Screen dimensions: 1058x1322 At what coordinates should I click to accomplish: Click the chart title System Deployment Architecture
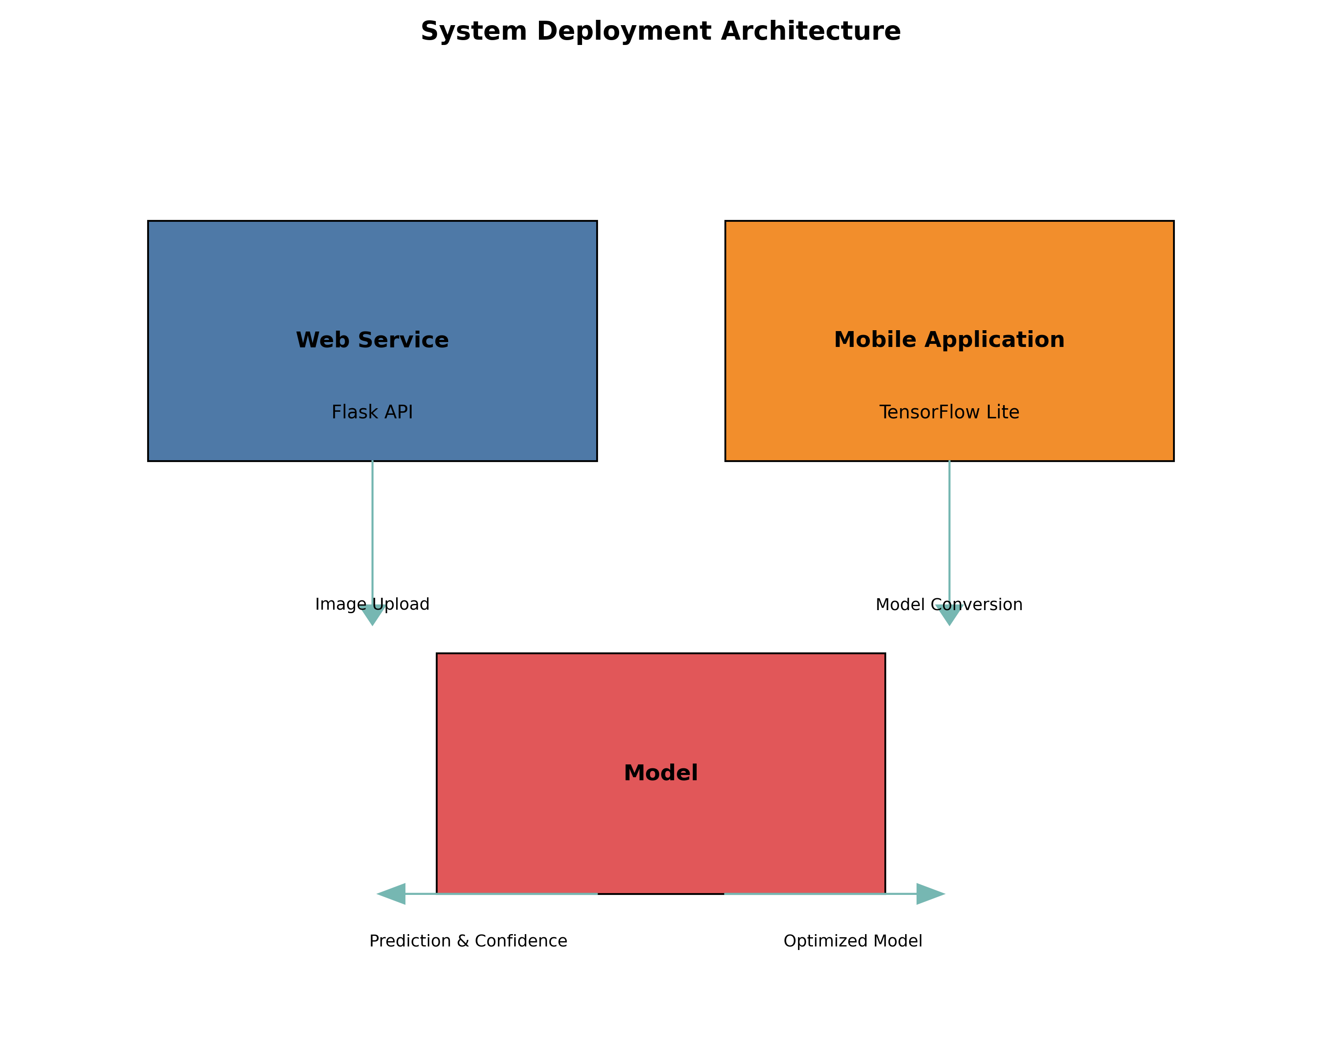click(661, 31)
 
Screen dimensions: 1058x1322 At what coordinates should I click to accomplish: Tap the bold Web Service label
click(372, 340)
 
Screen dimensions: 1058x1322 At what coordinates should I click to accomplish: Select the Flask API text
click(372, 412)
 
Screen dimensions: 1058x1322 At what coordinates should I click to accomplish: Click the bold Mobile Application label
click(949, 340)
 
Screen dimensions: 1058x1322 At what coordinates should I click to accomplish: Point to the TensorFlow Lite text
click(949, 412)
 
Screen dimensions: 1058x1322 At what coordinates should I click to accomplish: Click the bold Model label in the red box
click(661, 773)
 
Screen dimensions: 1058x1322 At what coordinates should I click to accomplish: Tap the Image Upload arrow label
click(372, 604)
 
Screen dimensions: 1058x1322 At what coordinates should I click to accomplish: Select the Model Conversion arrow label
click(949, 605)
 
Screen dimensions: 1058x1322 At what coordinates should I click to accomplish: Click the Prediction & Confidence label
click(468, 941)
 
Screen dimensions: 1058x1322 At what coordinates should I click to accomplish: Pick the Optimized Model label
click(852, 941)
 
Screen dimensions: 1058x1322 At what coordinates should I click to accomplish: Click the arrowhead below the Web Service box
click(372, 615)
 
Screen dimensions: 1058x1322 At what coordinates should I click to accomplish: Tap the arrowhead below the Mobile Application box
click(949, 615)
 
